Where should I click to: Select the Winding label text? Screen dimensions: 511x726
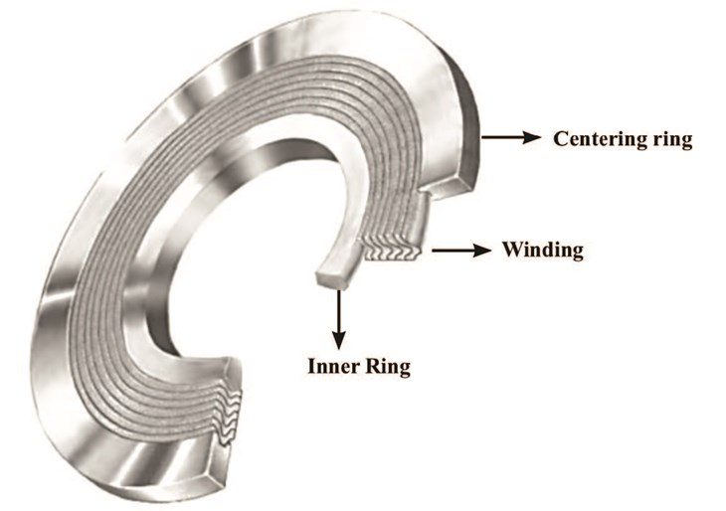(x=542, y=249)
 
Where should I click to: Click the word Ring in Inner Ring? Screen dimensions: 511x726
(x=389, y=366)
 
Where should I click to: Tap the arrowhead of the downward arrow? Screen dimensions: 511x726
(x=340, y=338)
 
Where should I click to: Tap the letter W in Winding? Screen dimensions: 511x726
(x=511, y=249)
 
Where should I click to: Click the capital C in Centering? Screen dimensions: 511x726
(x=560, y=138)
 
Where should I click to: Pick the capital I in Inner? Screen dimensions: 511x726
(x=310, y=366)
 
